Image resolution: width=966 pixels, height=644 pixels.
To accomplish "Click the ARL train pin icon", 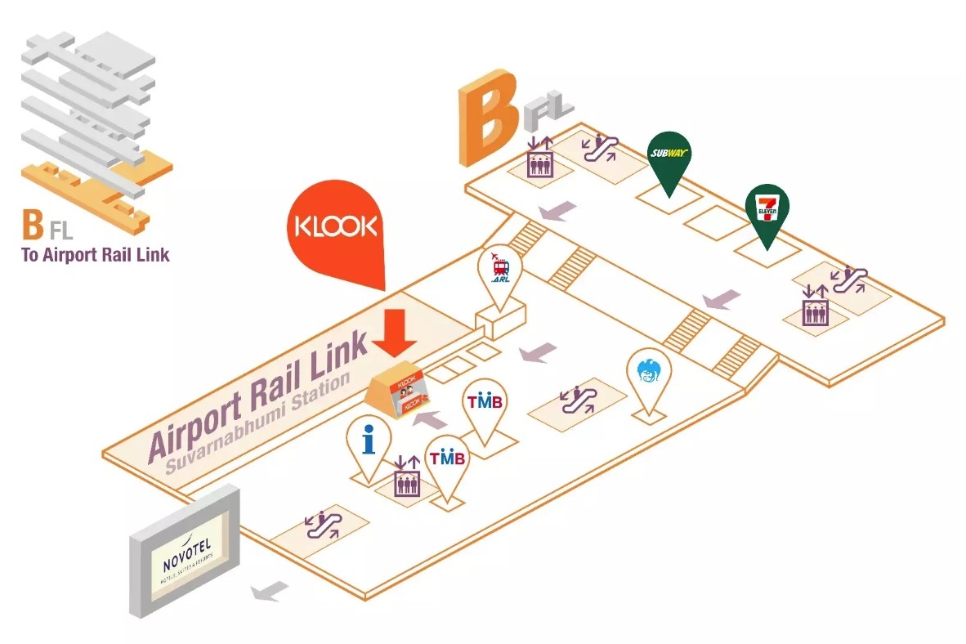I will pos(500,269).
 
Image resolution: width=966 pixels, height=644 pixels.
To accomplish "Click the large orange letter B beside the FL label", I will pos(488,123).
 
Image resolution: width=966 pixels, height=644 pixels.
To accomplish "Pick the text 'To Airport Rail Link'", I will pos(95,254).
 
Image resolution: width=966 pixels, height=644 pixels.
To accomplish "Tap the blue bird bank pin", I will pos(647,375).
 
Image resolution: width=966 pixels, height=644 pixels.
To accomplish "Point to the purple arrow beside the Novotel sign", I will pos(270,590).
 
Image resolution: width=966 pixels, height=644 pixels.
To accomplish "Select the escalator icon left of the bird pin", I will pos(579,400).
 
